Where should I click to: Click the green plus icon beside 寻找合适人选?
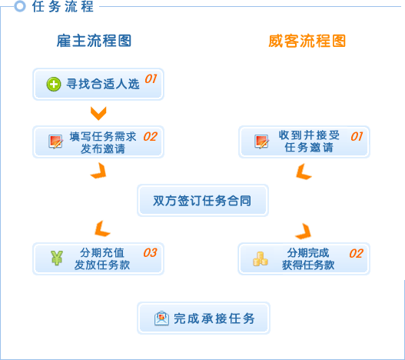(x=54, y=84)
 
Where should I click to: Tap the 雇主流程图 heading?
(x=94, y=41)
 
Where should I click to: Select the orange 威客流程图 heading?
(x=307, y=41)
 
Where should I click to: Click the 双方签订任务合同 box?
(x=203, y=201)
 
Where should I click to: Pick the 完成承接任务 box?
(x=204, y=318)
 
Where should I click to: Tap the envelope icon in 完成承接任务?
(x=161, y=318)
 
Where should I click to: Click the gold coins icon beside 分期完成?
(x=260, y=259)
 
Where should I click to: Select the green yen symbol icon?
(x=57, y=258)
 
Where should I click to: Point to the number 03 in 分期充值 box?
(x=150, y=252)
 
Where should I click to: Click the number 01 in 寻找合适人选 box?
(x=151, y=78)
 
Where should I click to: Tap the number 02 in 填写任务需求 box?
(x=151, y=137)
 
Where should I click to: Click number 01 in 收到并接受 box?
(x=357, y=136)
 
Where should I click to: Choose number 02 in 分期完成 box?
(x=356, y=253)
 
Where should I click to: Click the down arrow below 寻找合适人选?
(x=98, y=113)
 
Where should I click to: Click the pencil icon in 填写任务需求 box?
(x=56, y=142)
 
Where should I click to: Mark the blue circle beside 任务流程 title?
(x=20, y=6)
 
